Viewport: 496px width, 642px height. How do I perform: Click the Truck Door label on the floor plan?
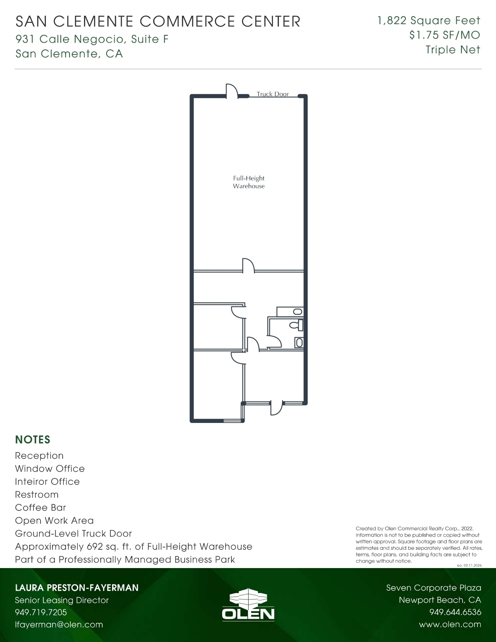coord(272,94)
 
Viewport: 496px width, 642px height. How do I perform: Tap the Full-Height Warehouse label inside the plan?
coord(249,182)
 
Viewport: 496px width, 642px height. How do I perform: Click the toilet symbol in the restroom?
coord(296,325)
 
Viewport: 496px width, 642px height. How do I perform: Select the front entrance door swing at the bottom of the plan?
coord(276,409)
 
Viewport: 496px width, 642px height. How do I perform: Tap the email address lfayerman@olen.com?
coord(59,624)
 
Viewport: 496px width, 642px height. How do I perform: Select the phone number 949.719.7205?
coord(41,612)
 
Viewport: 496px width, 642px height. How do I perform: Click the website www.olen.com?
coord(450,624)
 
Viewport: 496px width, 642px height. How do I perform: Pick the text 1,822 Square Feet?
coord(429,20)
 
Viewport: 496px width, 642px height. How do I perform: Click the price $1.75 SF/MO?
coord(444,35)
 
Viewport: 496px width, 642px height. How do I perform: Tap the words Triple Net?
coord(452,50)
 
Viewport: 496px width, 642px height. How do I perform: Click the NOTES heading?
coord(33,440)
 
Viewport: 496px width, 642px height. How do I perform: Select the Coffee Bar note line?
coord(40,507)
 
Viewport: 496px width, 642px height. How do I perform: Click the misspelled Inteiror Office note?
coord(47,481)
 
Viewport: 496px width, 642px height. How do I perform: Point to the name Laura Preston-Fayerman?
coord(77,588)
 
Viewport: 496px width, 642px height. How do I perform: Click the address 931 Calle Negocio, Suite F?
coord(92,39)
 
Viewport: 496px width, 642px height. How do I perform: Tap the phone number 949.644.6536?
coord(455,612)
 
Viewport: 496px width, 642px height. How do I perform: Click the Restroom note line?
coord(37,495)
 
